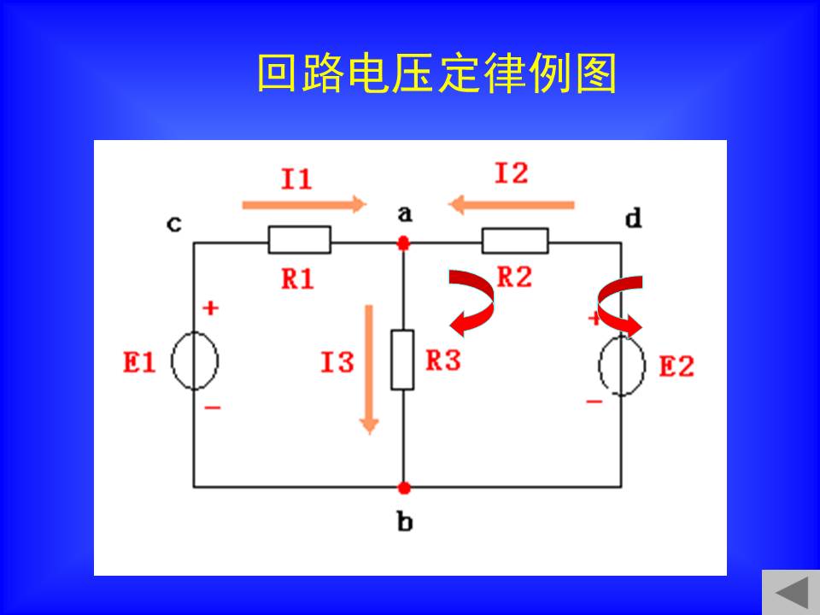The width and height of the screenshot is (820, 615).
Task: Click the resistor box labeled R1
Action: [300, 239]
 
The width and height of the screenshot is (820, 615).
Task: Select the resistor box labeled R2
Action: [515, 241]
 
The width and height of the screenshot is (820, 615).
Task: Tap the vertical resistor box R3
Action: [402, 360]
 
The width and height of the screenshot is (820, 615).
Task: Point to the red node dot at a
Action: [403, 243]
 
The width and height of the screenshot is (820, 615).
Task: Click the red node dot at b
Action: [404, 488]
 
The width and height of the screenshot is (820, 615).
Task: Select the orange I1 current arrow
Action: [304, 204]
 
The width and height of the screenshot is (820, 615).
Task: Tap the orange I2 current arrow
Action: [512, 204]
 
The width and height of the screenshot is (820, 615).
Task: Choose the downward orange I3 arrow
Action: [369, 369]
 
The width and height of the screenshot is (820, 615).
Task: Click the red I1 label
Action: [296, 179]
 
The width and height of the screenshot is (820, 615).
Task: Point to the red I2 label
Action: [512, 173]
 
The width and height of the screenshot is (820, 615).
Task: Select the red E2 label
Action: [676, 366]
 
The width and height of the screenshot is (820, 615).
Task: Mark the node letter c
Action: [174, 224]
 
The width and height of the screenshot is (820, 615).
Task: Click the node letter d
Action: [634, 218]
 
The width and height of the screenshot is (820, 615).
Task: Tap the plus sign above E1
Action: [210, 308]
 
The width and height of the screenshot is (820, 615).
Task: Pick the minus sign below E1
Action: [213, 407]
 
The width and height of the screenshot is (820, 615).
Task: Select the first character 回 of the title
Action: [277, 73]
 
